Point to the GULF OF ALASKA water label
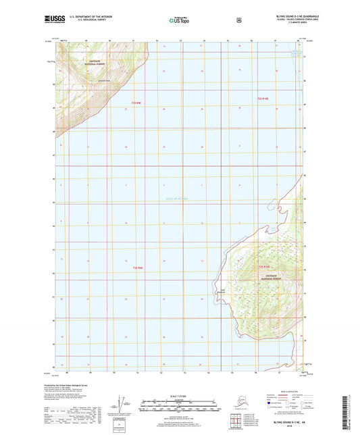pyautogui.click(x=178, y=198)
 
